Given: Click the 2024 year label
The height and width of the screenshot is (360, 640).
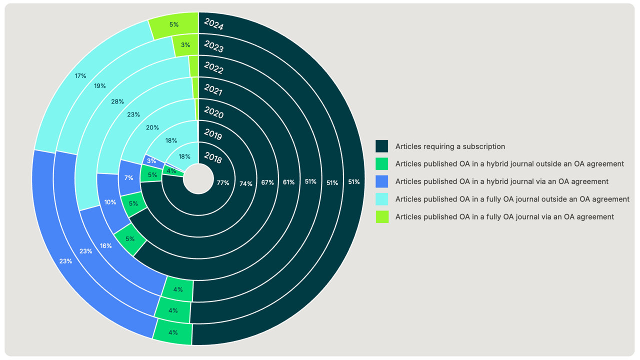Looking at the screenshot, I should pos(213,25).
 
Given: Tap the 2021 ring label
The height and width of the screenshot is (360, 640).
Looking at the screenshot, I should pos(213,91).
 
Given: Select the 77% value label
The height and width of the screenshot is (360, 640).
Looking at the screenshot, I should pos(223,183).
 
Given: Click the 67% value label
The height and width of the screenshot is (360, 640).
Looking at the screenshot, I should pos(267,182).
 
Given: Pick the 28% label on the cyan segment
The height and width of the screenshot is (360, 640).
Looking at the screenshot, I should pos(117,101).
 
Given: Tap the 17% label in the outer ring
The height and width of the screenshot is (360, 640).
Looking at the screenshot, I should pos(80,76).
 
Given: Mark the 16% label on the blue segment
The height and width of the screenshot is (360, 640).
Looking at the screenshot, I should pos(105,245).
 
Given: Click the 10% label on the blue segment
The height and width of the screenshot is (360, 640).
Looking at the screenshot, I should pos(110,202).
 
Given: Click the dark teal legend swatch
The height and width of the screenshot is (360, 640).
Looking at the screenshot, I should pos(382,146).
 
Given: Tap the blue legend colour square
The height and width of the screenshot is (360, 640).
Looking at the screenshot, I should pos(382,181).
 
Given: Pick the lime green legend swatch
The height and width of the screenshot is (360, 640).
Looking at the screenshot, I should pos(382,216).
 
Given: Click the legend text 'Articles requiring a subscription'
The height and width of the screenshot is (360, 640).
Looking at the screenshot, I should pos(450,146).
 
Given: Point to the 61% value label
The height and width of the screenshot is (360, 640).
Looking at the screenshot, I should pos(289,182).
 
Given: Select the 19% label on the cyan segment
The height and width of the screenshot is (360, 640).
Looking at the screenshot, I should pos(100,86).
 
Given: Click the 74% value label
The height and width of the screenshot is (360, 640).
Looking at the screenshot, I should pos(245,183).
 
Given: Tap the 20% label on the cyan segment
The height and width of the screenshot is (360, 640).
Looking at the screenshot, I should pos(152,127).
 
